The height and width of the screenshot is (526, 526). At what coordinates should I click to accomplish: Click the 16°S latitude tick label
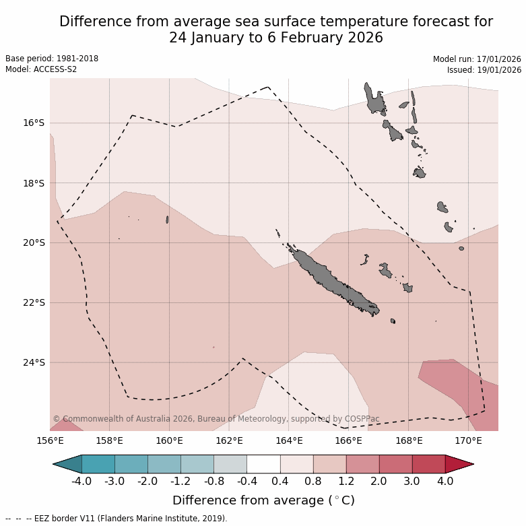[34, 123]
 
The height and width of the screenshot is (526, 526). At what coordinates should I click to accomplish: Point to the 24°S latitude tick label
[34, 362]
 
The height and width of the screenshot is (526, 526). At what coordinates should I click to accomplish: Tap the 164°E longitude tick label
[289, 441]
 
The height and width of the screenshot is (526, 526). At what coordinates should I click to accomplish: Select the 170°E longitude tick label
[468, 441]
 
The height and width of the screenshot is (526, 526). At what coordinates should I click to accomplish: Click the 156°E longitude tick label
[50, 441]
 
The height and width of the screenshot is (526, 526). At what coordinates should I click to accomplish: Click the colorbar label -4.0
[82, 482]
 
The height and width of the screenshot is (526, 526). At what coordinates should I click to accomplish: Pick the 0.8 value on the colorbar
[313, 482]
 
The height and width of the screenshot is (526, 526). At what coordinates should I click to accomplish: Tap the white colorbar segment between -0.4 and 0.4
[263, 464]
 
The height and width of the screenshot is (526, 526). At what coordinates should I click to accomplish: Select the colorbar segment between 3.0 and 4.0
[428, 464]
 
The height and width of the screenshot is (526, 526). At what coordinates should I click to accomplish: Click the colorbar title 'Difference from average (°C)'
[263, 500]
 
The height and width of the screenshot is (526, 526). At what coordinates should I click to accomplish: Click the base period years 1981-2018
[76, 59]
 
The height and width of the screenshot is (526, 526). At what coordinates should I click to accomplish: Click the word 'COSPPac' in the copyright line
[364, 419]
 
